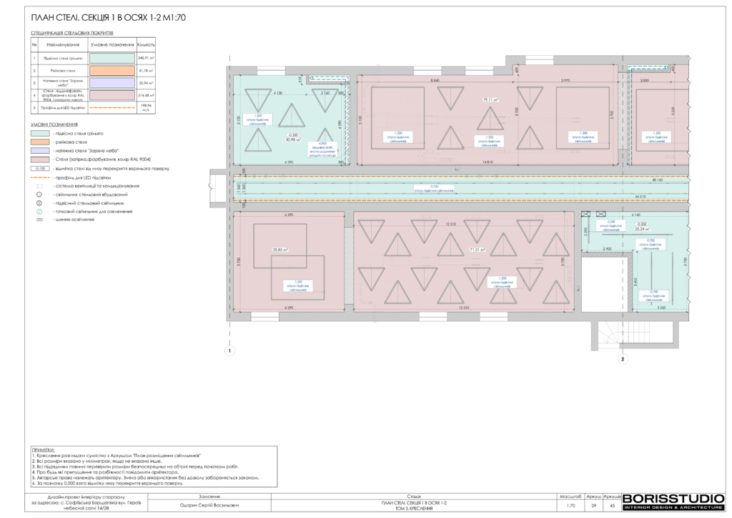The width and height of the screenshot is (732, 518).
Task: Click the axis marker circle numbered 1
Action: (x=229, y=351)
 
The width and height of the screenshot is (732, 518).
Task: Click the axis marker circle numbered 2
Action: (x=623, y=359)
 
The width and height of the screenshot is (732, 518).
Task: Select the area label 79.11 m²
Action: (x=490, y=100)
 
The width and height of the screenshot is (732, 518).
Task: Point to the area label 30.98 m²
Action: (x=293, y=139)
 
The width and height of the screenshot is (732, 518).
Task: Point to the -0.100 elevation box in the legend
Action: (x=40, y=168)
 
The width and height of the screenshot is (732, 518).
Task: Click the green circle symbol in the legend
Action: (x=40, y=211)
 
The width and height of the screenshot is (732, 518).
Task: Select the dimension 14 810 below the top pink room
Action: (x=488, y=162)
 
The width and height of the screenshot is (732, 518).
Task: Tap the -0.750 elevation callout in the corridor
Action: (x=423, y=187)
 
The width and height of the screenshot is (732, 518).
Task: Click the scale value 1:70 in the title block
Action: (x=570, y=506)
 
